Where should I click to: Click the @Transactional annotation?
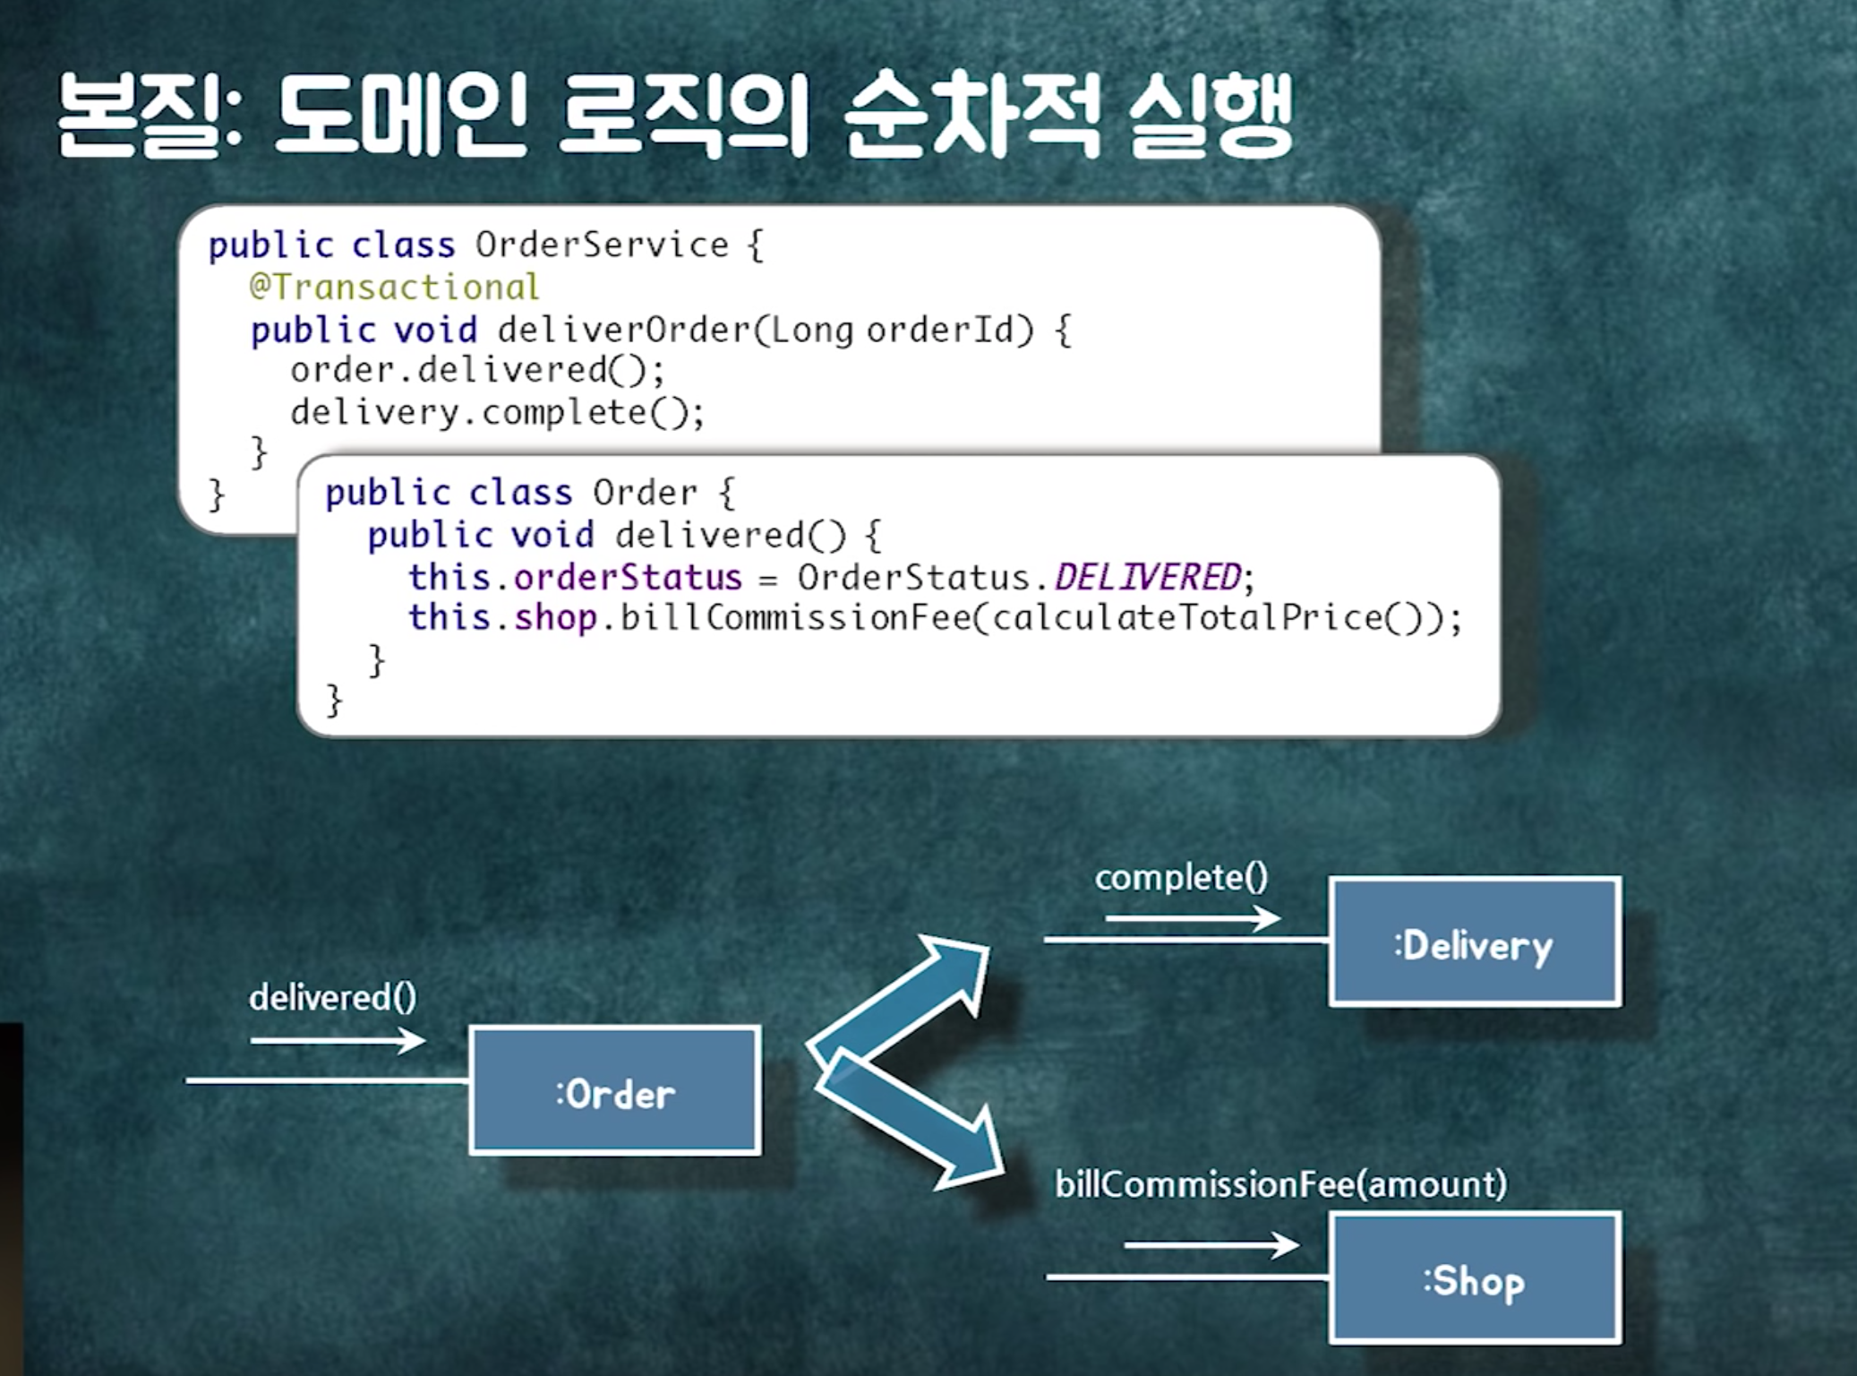click(394, 288)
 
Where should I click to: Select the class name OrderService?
click(602, 245)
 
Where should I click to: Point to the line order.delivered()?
click(477, 370)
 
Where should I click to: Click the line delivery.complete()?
click(497, 412)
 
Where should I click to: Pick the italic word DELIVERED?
click(1148, 577)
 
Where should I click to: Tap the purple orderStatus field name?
click(628, 577)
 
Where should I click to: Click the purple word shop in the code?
click(555, 618)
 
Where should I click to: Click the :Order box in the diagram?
click(615, 1090)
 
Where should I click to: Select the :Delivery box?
click(1475, 942)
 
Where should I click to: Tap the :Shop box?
click(1475, 1278)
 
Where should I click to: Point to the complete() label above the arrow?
click(1181, 877)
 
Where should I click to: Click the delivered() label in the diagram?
click(332, 997)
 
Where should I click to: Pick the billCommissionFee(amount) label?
click(1280, 1184)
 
